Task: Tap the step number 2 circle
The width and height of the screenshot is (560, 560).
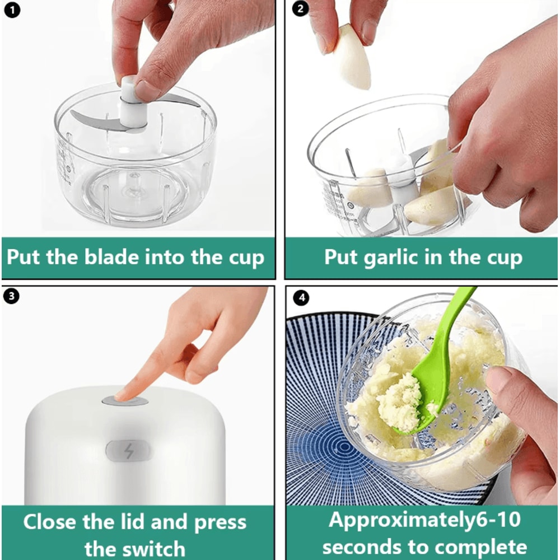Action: pyautogui.click(x=301, y=11)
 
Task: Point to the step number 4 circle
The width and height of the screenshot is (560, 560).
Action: pyautogui.click(x=302, y=297)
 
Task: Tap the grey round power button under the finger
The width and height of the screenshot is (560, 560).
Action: pyautogui.click(x=125, y=401)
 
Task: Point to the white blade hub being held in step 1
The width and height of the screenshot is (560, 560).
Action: pyautogui.click(x=131, y=101)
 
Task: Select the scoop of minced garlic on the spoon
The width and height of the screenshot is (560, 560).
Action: pyautogui.click(x=399, y=402)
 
